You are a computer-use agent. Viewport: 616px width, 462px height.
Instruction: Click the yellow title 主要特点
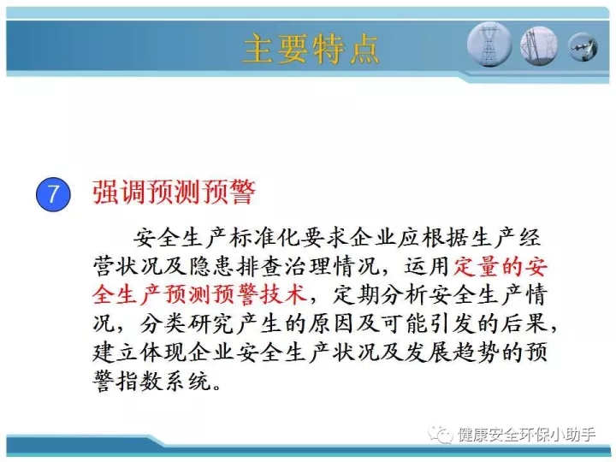(x=311, y=49)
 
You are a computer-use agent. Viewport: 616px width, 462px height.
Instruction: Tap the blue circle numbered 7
(x=53, y=194)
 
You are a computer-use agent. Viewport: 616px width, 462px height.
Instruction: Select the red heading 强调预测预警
(x=174, y=192)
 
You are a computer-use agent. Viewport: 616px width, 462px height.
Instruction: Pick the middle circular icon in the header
(x=539, y=45)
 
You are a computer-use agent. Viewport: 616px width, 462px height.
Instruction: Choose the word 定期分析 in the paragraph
(x=380, y=294)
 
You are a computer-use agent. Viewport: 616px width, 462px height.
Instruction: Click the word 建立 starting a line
(x=115, y=352)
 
